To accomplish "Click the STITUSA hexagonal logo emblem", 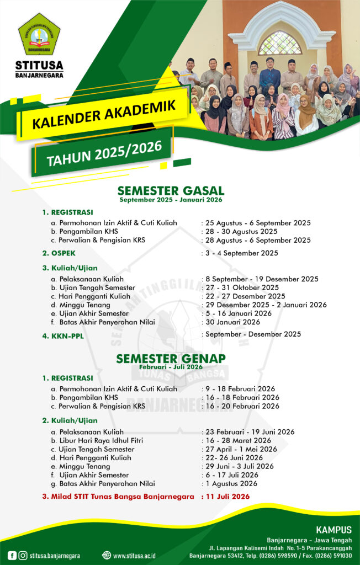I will tap(39, 34).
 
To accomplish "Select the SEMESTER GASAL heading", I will tap(171, 191).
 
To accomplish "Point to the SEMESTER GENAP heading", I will tap(171, 359).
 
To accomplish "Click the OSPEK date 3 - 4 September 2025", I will tap(241, 253).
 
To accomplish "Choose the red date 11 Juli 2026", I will tap(227, 497).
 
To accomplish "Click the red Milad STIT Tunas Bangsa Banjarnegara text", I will tap(118, 497).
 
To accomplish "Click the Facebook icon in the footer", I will tap(12, 555).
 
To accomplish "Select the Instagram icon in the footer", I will tap(23, 555).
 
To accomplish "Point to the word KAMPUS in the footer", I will tap(333, 530).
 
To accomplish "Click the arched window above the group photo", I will tap(280, 43).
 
